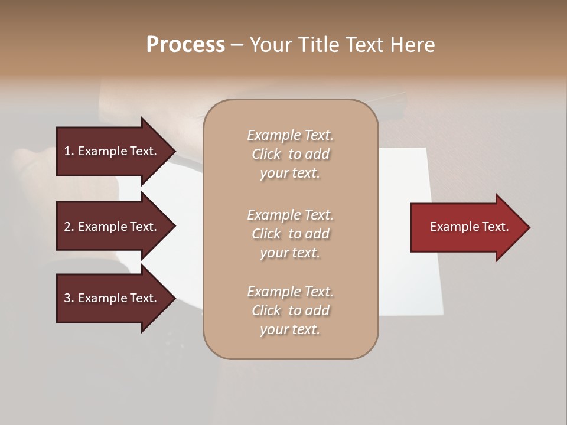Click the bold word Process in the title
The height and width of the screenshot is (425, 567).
(x=185, y=45)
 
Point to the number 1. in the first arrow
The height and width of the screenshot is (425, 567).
(x=69, y=151)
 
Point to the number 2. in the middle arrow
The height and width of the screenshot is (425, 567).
(x=69, y=227)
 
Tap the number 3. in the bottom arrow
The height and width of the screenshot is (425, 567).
(x=69, y=298)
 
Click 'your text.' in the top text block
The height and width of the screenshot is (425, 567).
(x=290, y=174)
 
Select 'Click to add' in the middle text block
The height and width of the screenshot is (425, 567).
(x=290, y=234)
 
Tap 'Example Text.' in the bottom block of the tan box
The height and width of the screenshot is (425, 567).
(x=290, y=292)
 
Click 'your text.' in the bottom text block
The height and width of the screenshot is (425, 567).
(x=290, y=329)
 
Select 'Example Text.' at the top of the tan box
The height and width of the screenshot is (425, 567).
(x=290, y=135)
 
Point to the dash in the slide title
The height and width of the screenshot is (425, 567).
(x=237, y=45)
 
